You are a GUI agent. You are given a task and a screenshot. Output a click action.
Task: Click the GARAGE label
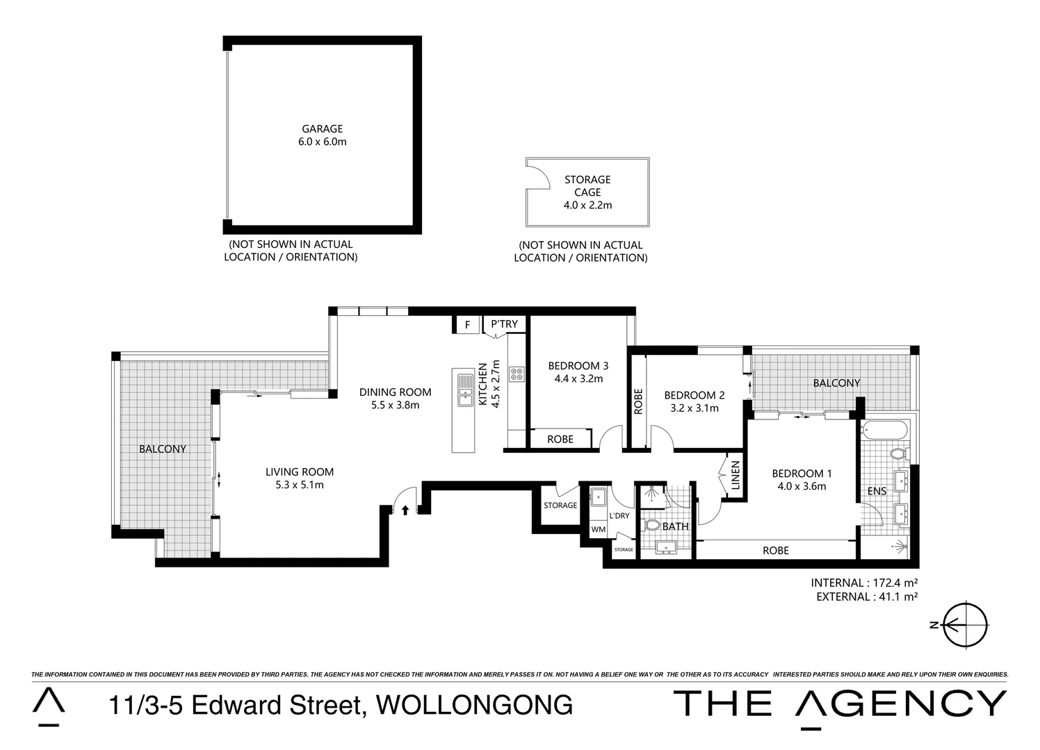[322, 129]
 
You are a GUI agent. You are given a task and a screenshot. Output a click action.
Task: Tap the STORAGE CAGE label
[587, 186]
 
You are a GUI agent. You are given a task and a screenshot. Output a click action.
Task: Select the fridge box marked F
[467, 324]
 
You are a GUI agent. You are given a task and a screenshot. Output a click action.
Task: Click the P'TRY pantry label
[505, 324]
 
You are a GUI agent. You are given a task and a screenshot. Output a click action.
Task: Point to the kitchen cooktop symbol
[517, 374]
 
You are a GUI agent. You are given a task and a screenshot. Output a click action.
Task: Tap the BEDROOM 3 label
[578, 366]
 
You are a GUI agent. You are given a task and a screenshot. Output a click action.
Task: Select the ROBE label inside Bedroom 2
[639, 401]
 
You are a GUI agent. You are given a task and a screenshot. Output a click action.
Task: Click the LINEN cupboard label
[735, 476]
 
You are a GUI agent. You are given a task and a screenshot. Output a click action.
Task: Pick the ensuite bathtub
[884, 431]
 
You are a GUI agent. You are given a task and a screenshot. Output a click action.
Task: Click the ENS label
[877, 491]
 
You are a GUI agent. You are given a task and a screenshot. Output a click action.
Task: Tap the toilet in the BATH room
[651, 524]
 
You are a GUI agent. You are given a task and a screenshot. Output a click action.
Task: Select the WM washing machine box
[598, 529]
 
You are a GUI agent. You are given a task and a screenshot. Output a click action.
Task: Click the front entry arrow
[405, 510]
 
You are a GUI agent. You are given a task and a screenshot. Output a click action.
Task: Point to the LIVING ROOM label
[300, 472]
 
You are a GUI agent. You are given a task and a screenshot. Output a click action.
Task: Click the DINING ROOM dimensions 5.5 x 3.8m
[395, 405]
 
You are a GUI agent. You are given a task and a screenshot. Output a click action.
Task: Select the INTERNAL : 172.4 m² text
[864, 583]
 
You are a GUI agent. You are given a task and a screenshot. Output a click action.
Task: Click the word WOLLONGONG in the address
[474, 705]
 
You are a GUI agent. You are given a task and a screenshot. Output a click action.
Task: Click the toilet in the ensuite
[897, 454]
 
